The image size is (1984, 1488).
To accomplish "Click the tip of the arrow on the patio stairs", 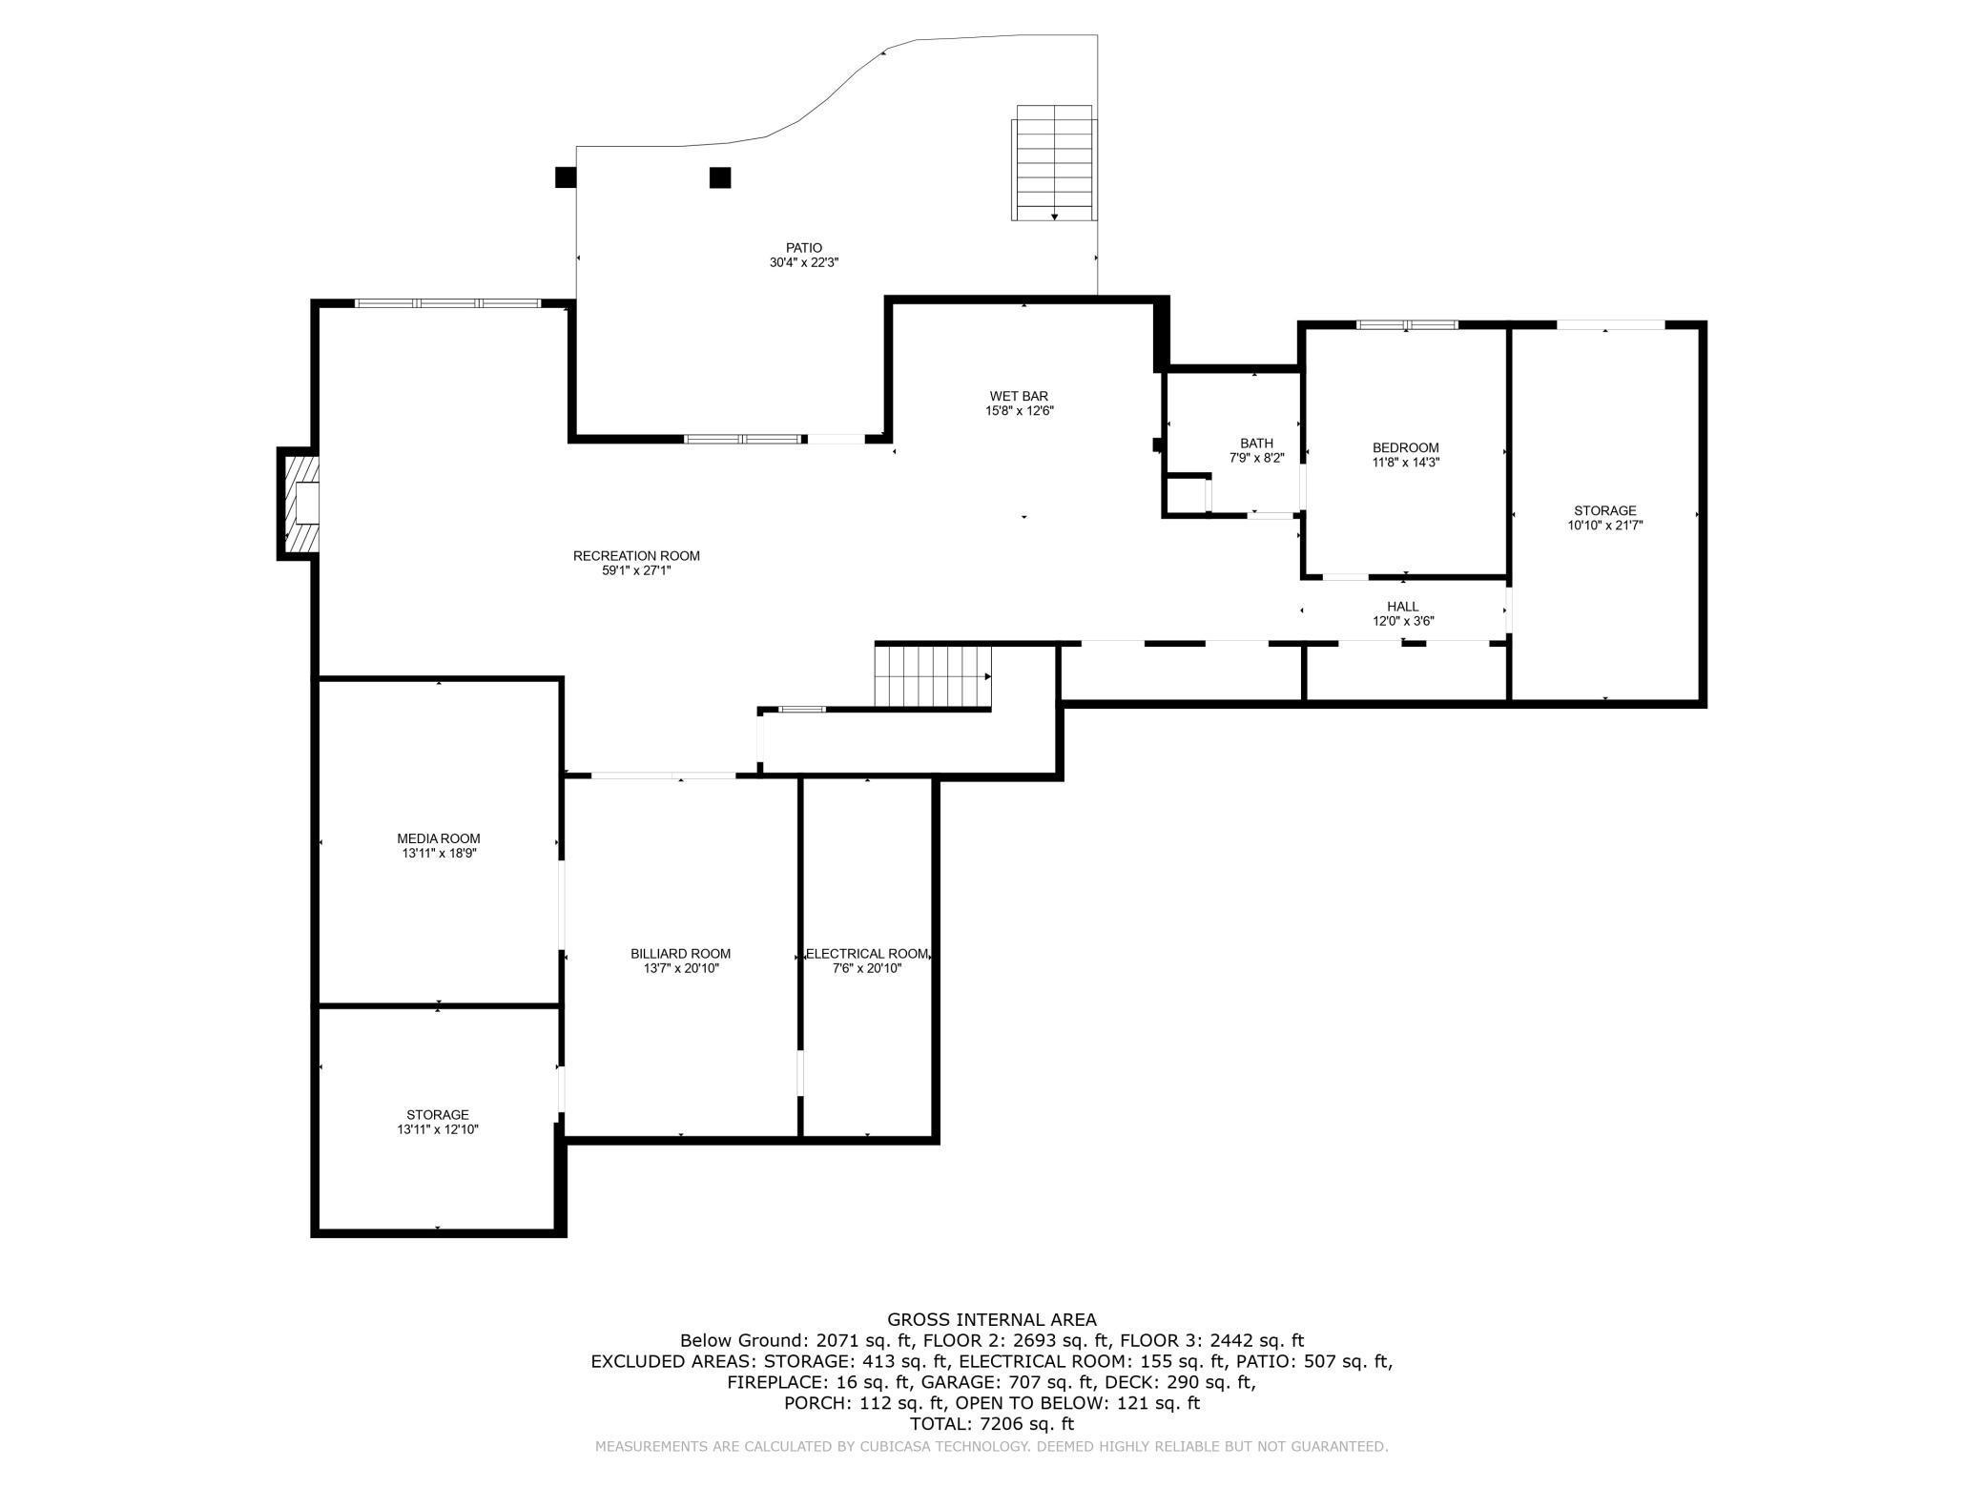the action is tap(1054, 220).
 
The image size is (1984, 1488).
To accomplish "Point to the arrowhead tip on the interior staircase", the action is tap(991, 676).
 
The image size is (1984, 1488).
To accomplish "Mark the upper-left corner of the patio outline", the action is tap(577, 147).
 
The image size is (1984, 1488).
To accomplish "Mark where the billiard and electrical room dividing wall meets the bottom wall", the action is tap(800, 1138).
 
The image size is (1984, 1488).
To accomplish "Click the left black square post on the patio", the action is tap(566, 177).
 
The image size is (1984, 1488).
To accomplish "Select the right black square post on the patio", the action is tap(720, 177).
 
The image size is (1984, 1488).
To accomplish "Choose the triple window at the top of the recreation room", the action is tap(447, 303).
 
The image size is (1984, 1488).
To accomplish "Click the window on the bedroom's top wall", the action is tap(1408, 324).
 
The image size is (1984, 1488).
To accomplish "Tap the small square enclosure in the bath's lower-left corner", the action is tap(1187, 495).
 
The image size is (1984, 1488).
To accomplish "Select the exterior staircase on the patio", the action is tap(1054, 163).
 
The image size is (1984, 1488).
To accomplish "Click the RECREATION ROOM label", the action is tap(636, 556).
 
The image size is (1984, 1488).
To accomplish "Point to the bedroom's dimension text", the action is tap(1405, 463).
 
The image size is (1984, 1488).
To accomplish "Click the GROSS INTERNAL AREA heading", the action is tap(992, 1320).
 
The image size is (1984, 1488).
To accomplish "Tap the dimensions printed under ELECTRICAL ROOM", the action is tap(866, 968).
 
